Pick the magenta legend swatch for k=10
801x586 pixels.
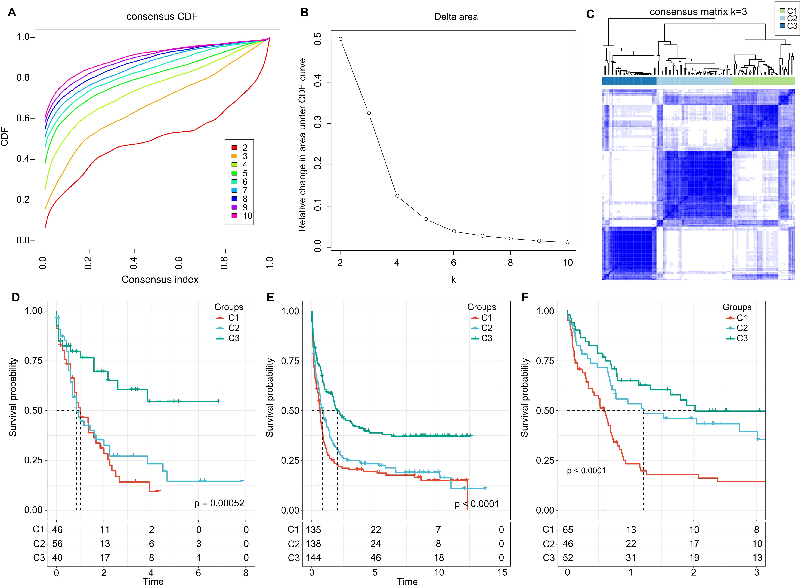click(234, 216)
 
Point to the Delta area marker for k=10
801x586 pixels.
click(567, 242)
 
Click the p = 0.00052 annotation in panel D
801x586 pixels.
click(219, 503)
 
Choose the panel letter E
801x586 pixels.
click(270, 297)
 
